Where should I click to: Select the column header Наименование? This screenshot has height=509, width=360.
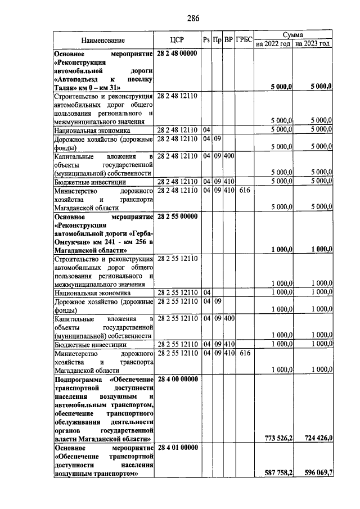click(102, 40)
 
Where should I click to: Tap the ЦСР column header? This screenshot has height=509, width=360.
click(177, 40)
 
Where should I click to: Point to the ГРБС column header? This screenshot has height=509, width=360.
click(244, 40)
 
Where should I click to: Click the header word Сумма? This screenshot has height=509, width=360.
click(292, 35)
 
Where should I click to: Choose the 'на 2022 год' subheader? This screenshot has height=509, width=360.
click(273, 44)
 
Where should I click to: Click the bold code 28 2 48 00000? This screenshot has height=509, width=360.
click(177, 53)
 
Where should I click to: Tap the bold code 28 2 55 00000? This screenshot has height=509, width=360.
click(177, 217)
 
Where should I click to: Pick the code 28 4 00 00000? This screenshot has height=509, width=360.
click(177, 380)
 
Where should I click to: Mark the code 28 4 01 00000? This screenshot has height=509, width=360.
click(177, 448)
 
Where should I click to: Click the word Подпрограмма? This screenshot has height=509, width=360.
click(77, 380)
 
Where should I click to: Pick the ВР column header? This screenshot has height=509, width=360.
click(228, 40)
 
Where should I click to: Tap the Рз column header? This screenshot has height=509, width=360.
click(206, 40)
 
